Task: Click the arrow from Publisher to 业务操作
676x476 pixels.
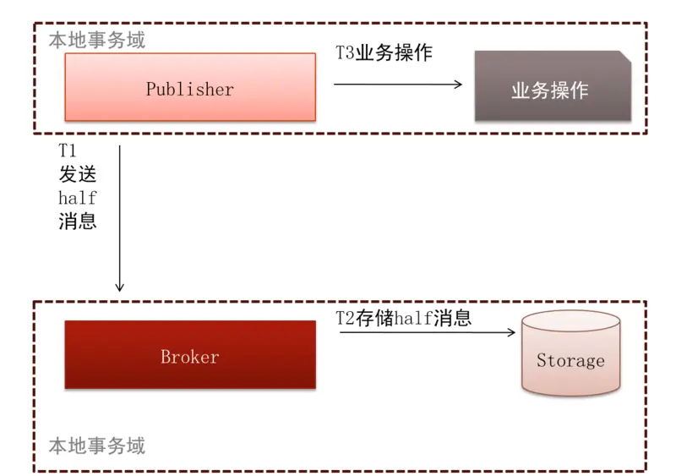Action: coord(397,84)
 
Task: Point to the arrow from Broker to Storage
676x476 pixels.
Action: coord(427,332)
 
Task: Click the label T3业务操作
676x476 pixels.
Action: coord(384,53)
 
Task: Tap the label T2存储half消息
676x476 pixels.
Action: coord(404,318)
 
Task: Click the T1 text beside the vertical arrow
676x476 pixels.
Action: coord(68,151)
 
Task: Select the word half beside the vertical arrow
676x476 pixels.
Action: coord(77,199)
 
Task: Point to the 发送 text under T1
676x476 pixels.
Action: coord(77,175)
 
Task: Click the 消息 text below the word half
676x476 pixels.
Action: coord(77,222)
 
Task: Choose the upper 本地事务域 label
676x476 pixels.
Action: coord(96,40)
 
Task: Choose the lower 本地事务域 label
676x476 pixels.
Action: coord(96,446)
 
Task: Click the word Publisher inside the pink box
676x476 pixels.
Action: coord(190,89)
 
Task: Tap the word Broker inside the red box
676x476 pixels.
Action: coord(190,357)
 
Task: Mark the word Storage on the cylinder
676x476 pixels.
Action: coord(570,361)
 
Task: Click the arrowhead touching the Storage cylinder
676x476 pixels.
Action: coord(510,332)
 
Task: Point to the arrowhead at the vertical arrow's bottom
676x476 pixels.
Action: coord(120,287)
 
